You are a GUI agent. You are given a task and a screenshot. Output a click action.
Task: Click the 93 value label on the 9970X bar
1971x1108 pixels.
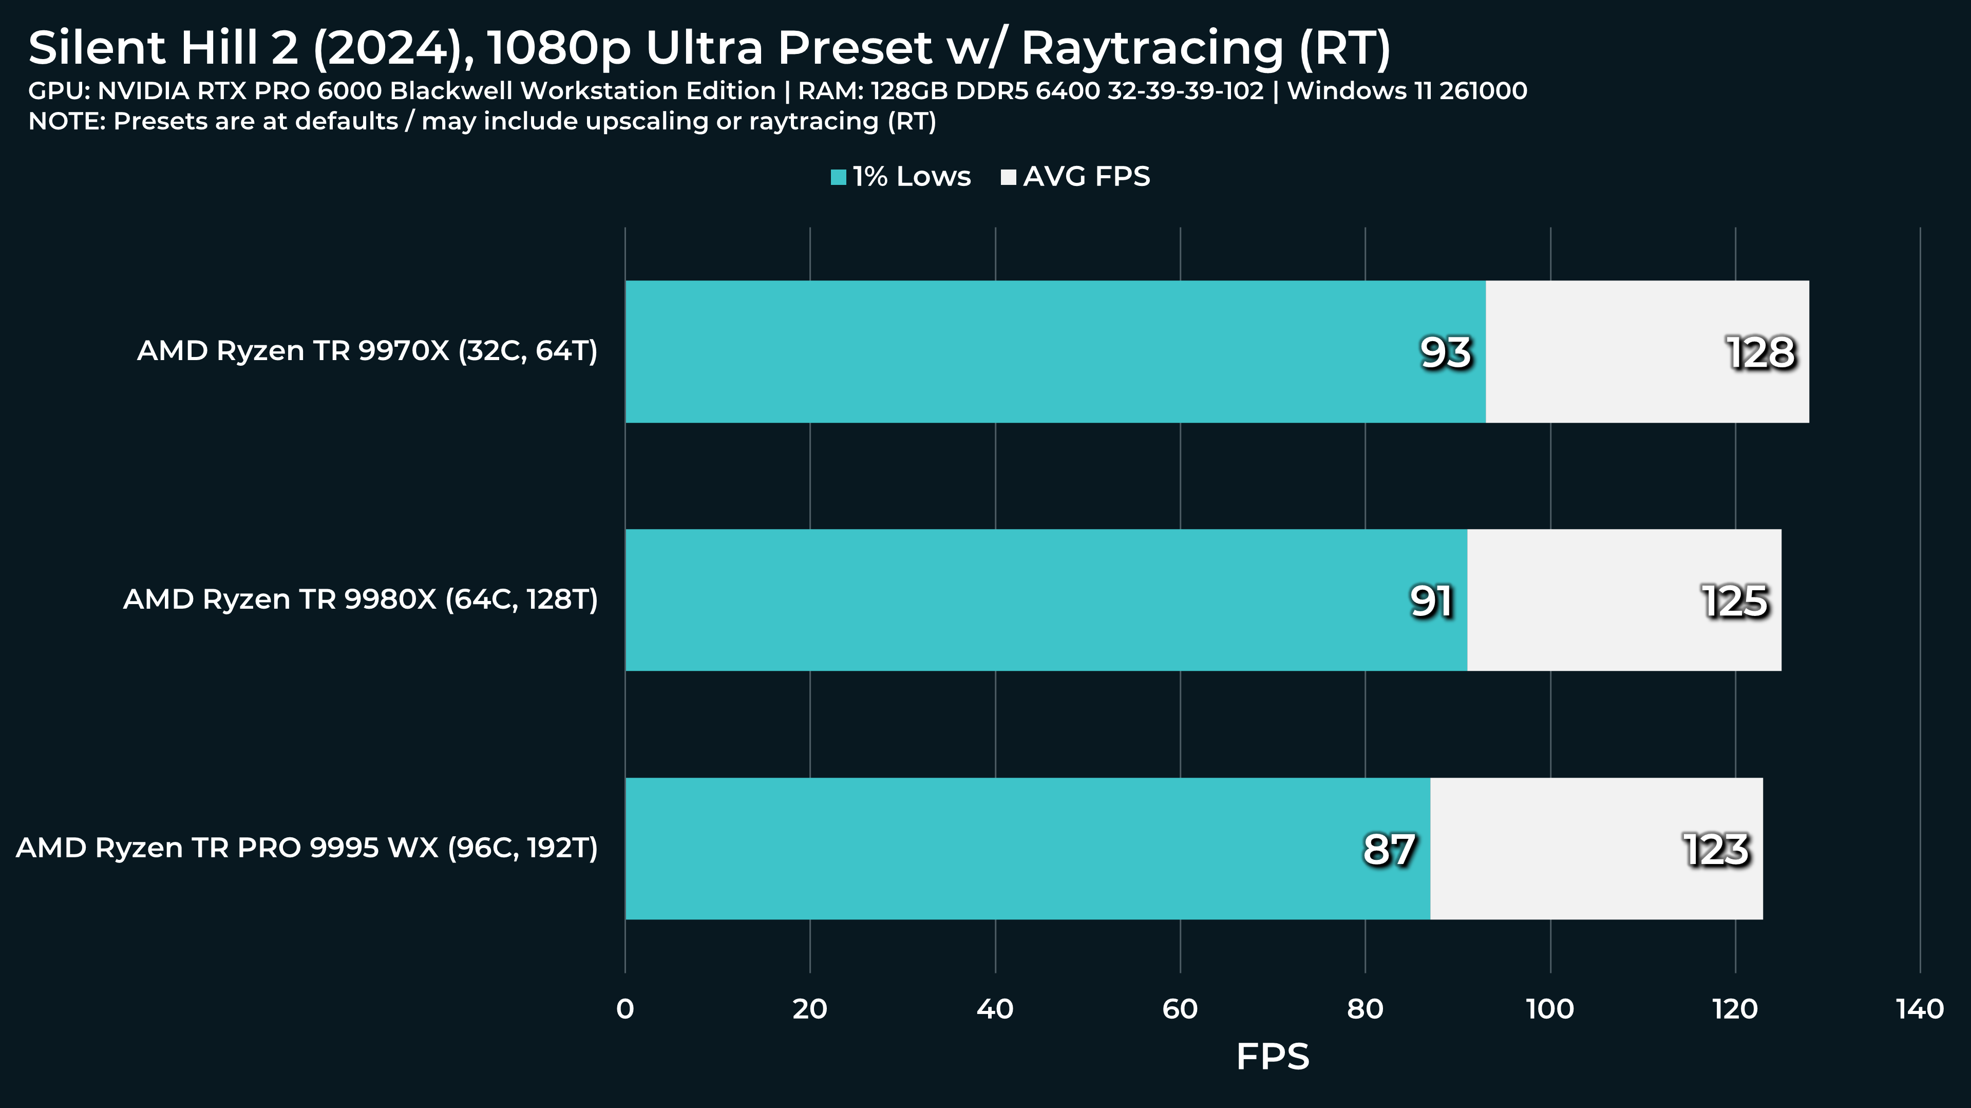[x=1445, y=353]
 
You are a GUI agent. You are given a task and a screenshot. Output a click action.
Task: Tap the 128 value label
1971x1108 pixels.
[x=1760, y=353]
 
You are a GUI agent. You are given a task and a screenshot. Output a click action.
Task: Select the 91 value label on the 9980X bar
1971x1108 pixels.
[x=1431, y=602]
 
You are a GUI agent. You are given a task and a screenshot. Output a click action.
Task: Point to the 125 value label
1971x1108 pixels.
[x=1735, y=602]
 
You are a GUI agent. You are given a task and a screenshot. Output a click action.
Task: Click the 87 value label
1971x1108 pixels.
[x=1389, y=850]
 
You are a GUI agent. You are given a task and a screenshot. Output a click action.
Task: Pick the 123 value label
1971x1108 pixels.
[x=1716, y=850]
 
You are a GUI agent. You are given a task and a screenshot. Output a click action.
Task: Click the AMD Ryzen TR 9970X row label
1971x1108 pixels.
[x=367, y=351]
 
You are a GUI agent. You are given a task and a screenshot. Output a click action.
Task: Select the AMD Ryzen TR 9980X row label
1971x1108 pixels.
[x=361, y=600]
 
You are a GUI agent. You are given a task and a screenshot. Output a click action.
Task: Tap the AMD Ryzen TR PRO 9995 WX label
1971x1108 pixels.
[x=307, y=848]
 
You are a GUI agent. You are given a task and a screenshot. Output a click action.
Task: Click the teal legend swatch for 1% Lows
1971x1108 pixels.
[x=839, y=178]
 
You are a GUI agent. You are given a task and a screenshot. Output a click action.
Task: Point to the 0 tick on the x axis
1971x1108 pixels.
[x=625, y=1009]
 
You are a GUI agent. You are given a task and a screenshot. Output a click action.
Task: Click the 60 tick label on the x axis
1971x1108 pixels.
[x=1180, y=1009]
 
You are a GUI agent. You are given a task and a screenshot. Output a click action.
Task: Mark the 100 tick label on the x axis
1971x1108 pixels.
[x=1550, y=1009]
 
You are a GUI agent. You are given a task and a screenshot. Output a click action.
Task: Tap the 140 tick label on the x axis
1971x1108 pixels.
[x=1920, y=1009]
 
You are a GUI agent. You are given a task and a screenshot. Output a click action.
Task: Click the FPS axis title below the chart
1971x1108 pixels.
[x=1273, y=1057]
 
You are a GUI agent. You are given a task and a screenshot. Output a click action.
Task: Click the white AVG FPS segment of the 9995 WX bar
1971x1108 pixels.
[x=1596, y=849]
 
